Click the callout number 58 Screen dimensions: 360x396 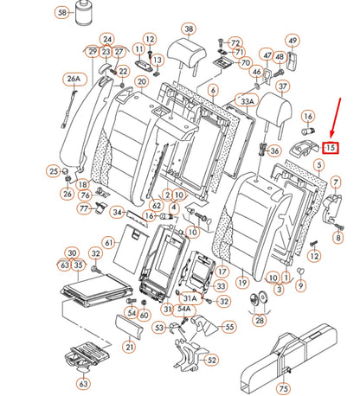pyautogui.click(x=62, y=13)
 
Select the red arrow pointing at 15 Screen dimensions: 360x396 pyautogui.click(x=336, y=118)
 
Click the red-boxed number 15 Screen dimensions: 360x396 pyautogui.click(x=331, y=148)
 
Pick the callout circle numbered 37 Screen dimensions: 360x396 pyautogui.click(x=283, y=86)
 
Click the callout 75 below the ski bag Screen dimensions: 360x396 pyautogui.click(x=283, y=388)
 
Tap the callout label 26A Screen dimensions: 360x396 pyautogui.click(x=74, y=79)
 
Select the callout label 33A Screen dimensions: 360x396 pyautogui.click(x=247, y=101)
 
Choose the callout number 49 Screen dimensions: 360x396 pyautogui.click(x=292, y=41)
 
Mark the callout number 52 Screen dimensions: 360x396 pyautogui.click(x=211, y=360)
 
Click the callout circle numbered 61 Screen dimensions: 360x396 pyautogui.click(x=109, y=243)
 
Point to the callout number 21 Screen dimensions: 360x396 pyautogui.click(x=130, y=347)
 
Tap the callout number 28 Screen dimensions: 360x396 pyautogui.click(x=260, y=320)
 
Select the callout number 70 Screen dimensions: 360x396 pyautogui.click(x=245, y=62)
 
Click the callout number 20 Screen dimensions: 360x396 pyautogui.click(x=142, y=82)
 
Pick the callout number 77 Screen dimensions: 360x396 pyautogui.click(x=84, y=208)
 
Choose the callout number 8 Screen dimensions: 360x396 pyautogui.click(x=338, y=237)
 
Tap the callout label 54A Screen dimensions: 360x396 pyautogui.click(x=183, y=309)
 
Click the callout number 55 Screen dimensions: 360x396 pyautogui.click(x=229, y=327)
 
